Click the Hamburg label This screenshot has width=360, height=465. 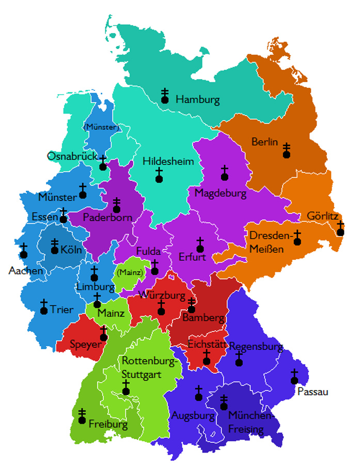197,99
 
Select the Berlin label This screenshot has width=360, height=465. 264,142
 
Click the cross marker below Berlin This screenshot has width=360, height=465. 286,150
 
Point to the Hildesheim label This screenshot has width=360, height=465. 168,161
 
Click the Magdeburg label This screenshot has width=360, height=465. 220,193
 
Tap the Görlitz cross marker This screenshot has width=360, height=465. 340,228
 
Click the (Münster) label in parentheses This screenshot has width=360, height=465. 101,127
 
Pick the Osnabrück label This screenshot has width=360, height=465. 72,156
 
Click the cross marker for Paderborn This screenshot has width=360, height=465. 117,205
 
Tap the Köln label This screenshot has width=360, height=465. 71,250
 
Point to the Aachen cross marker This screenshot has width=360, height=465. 24,251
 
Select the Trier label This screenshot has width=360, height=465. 62,310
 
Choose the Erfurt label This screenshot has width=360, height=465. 192,257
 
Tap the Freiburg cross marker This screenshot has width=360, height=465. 82,416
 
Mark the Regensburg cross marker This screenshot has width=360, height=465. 239,359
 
